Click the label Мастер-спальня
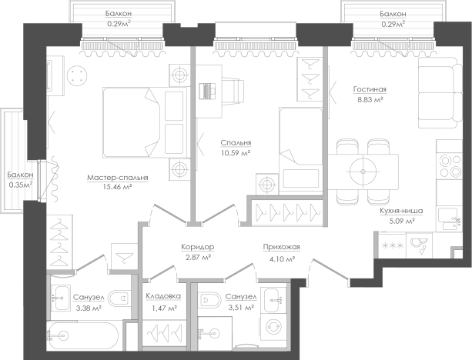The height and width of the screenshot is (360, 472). point(118,178)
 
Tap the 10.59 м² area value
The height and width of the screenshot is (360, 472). point(236,153)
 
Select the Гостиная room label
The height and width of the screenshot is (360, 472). point(370,89)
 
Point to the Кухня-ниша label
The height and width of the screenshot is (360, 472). point(401,211)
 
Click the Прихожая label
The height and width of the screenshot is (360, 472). point(282,247)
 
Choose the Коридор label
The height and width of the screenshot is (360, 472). point(198,247)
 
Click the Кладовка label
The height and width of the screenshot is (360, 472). point(163,296)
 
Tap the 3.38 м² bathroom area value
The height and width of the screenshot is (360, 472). point(87,308)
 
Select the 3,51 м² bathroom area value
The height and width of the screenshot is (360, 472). point(240,308)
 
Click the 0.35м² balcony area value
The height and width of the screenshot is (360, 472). point(21,185)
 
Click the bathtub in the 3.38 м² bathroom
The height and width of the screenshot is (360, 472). point(84,335)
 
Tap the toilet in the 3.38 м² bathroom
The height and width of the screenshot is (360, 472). point(119,298)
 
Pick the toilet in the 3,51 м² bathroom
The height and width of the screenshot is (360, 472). point(210,300)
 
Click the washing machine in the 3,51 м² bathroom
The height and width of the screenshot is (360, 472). point(273,327)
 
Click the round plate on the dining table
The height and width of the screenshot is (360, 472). point(363,172)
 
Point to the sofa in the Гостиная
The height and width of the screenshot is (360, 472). point(440,92)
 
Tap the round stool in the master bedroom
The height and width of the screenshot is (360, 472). point(77,75)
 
